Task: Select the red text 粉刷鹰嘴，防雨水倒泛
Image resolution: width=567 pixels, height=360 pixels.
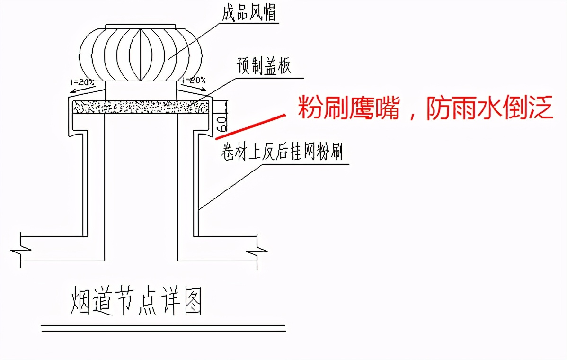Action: [x=425, y=108]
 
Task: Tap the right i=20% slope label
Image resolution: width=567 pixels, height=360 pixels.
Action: [x=194, y=80]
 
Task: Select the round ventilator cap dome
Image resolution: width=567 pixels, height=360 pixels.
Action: [x=141, y=53]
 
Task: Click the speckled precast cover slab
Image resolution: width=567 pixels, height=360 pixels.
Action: [x=141, y=107]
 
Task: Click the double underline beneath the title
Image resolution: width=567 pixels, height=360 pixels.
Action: [x=163, y=328]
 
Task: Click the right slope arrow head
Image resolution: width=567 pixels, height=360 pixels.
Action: [x=205, y=88]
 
